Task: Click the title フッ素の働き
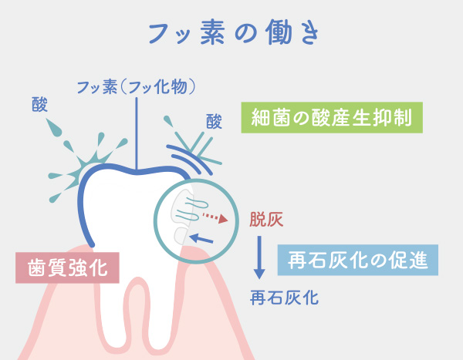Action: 234,32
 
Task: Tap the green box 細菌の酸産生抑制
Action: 332,117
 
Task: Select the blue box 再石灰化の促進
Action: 358,260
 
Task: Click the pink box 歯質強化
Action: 67,267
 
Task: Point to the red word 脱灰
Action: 266,219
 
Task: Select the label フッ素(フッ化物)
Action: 136,87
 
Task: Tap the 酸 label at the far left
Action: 39,105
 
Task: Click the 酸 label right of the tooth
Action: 214,121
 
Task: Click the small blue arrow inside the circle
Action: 201,238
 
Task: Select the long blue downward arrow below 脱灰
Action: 259,257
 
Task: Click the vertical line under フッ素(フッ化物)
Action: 137,133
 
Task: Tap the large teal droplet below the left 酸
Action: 53,127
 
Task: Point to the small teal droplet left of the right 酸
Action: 168,121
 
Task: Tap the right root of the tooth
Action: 161,313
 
